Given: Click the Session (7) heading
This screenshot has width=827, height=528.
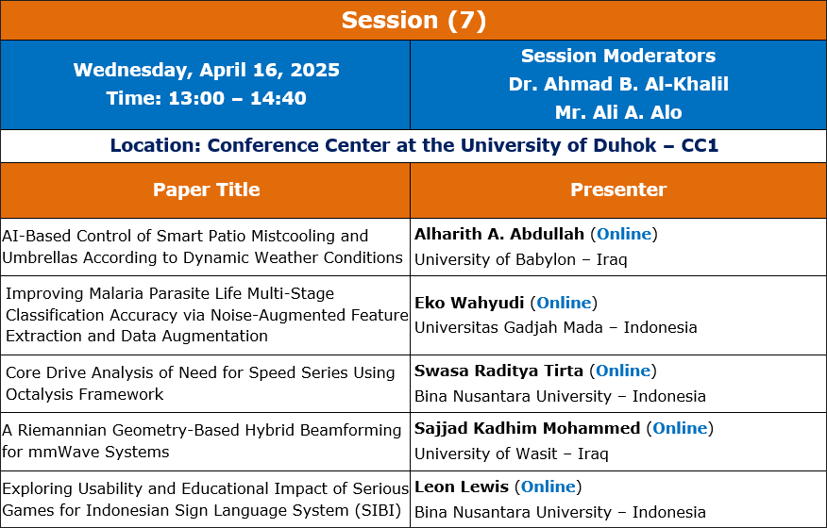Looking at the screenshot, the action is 413,21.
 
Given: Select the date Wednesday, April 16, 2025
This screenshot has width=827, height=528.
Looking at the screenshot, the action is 206,70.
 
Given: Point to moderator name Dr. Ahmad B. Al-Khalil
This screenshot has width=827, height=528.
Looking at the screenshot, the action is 618,84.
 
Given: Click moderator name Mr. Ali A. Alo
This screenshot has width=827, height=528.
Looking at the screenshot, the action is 618,112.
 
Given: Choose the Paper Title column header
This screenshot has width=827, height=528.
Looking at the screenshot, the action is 206,190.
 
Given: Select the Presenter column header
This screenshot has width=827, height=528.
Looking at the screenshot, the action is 618,190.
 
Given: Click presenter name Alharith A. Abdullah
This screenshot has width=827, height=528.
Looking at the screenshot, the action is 499,234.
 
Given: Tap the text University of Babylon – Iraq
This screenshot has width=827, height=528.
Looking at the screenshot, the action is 520,259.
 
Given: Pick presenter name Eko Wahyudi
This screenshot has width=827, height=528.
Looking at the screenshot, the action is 469,303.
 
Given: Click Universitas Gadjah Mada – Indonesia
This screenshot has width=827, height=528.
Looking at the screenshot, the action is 555,327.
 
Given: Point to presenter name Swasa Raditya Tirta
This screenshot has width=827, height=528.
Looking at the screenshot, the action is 498,371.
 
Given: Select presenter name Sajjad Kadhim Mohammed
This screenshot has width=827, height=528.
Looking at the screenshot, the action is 527,428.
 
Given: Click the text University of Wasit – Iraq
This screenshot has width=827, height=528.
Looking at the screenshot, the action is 511,454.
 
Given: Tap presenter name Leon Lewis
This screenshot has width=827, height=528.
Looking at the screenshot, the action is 461,487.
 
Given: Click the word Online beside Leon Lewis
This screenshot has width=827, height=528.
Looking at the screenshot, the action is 548,487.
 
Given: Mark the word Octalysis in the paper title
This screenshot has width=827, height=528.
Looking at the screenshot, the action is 41,394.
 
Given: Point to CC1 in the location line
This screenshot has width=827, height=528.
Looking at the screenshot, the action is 700,145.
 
